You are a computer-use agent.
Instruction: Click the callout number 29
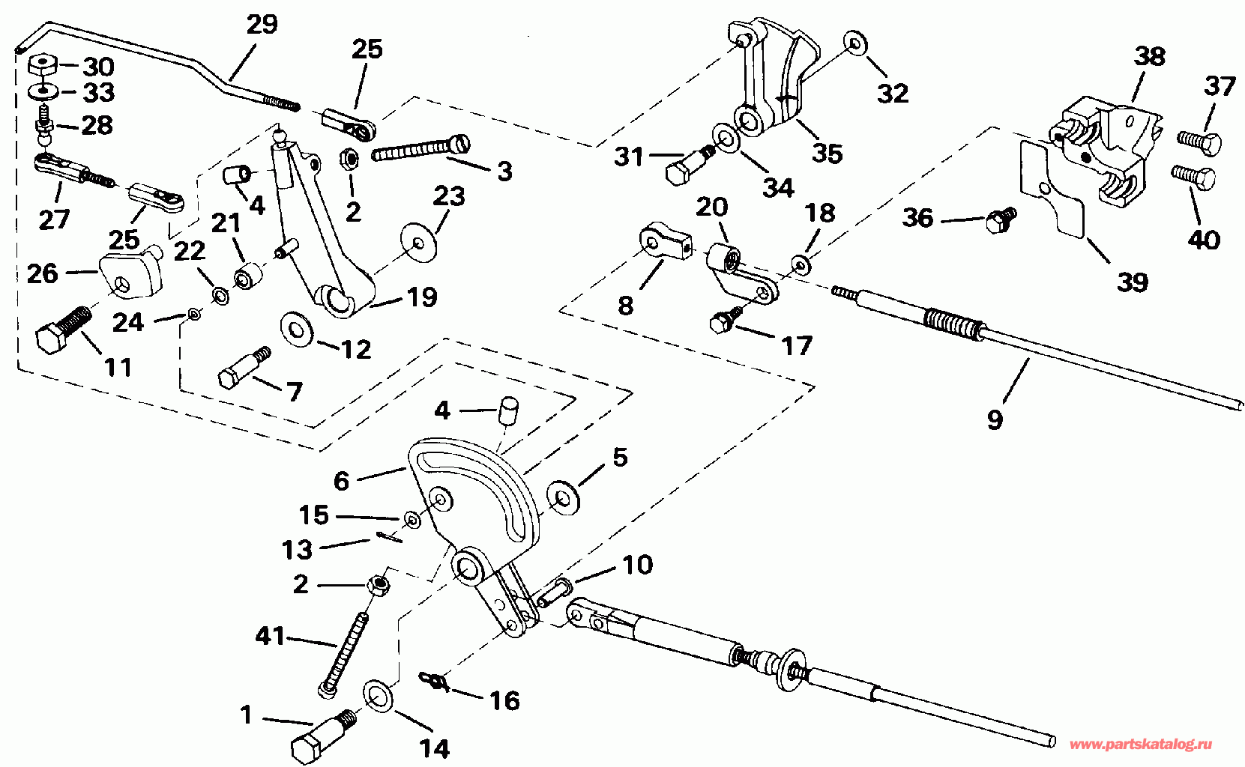262,25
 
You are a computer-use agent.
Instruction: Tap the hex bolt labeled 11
64,330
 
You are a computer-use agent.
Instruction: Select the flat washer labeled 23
418,243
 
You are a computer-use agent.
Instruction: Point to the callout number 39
1132,282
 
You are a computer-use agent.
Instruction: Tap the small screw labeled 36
1001,220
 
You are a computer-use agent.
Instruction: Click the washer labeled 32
856,42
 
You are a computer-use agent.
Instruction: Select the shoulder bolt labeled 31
689,164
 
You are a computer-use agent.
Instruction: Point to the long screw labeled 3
420,148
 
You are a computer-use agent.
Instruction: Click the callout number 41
270,637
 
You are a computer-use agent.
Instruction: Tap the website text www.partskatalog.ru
1141,744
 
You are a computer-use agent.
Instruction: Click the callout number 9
995,420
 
